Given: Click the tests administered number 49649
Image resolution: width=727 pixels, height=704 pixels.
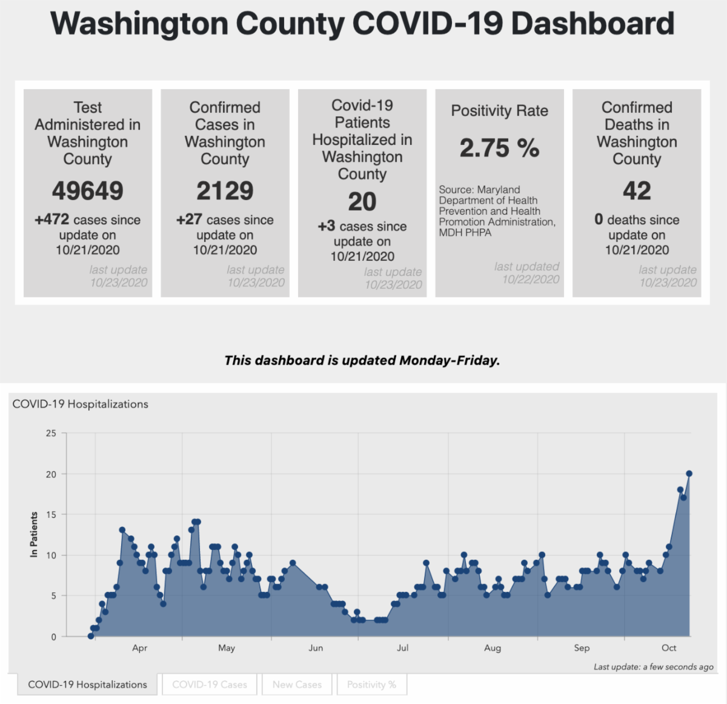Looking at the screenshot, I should pyautogui.click(x=87, y=191).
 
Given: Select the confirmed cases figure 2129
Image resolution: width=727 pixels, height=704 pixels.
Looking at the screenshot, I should pyautogui.click(x=225, y=191).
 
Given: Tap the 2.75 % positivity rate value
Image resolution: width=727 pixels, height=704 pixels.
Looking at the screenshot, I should pyautogui.click(x=499, y=148).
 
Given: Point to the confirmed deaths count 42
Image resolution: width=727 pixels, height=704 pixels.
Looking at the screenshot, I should pyautogui.click(x=637, y=191).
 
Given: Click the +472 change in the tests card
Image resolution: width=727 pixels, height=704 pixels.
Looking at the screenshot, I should pyautogui.click(x=52, y=220).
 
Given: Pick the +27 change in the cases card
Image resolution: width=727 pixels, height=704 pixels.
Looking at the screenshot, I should pyautogui.click(x=189, y=220).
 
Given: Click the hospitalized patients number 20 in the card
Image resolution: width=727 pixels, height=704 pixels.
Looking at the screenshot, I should pyautogui.click(x=362, y=202).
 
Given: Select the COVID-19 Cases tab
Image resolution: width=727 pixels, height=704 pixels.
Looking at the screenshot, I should pyautogui.click(x=210, y=685).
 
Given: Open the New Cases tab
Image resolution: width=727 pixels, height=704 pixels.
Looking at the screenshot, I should pyautogui.click(x=297, y=685).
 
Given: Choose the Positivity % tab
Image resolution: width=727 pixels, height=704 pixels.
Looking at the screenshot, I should pyautogui.click(x=371, y=685).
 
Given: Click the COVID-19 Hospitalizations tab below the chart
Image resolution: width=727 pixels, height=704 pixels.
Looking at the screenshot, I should pyautogui.click(x=87, y=685).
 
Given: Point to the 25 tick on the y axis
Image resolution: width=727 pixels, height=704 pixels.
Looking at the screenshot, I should pyautogui.click(x=51, y=434).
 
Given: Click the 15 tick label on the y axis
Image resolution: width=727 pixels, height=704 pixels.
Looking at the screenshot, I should pyautogui.click(x=51, y=515).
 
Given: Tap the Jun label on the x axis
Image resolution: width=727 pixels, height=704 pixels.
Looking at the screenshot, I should pyautogui.click(x=316, y=648).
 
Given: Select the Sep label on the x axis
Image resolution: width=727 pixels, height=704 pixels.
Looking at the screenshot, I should pyautogui.click(x=582, y=648).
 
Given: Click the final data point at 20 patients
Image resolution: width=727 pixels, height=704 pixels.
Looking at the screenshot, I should pyautogui.click(x=689, y=474).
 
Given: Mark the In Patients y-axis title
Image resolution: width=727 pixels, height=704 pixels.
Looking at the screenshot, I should pyautogui.click(x=34, y=534).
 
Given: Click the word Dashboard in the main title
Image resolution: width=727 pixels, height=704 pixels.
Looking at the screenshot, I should pyautogui.click(x=593, y=24).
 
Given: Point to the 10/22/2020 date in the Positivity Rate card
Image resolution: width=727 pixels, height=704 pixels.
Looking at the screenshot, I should pyautogui.click(x=531, y=279).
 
